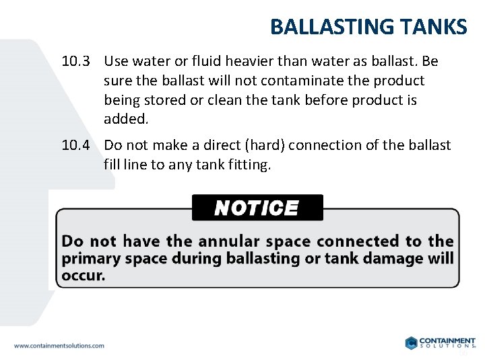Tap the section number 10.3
75,62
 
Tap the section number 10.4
75,145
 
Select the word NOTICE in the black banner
257,208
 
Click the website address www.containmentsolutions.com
59,346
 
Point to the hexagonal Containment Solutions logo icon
411,343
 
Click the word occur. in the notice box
84,276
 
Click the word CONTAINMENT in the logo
447,340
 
